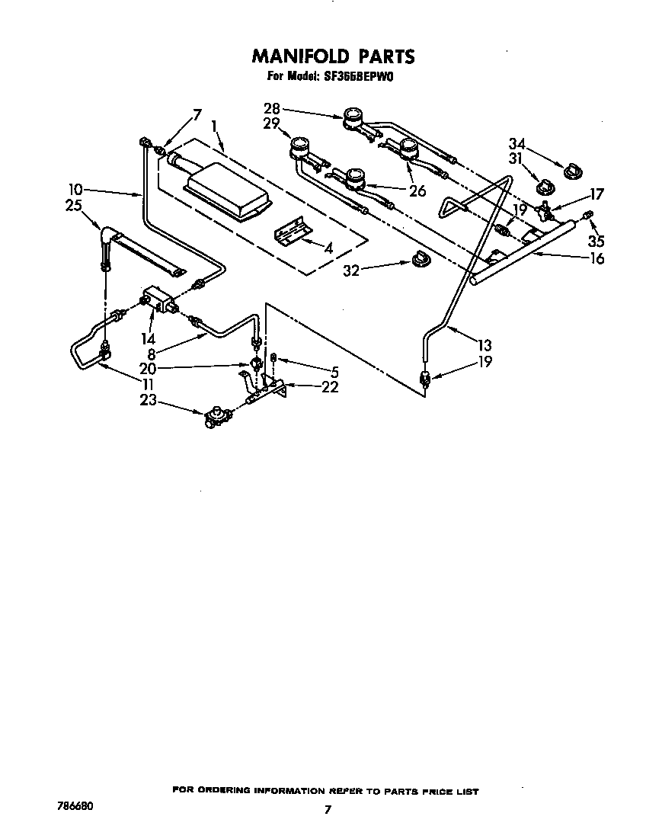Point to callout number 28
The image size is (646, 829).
pos(272,109)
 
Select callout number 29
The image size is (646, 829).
pos(272,123)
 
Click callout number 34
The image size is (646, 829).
pos(517,143)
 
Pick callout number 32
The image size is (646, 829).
pos(351,270)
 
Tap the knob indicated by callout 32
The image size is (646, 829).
pos(418,261)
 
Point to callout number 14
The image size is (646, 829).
pos(147,339)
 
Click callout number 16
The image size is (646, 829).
pos(596,259)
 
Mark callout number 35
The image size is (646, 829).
pos(597,242)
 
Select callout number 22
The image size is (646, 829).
pos(330,387)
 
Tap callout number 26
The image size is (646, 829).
pos(417,191)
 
